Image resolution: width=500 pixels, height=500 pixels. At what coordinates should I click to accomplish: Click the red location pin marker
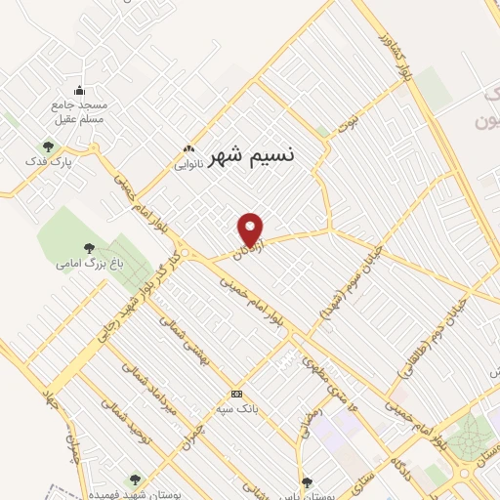coord(251,229)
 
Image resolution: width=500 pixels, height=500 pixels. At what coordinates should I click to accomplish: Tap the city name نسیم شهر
coord(251,153)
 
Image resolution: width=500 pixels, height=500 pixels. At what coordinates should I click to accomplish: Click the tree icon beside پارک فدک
coord(48,147)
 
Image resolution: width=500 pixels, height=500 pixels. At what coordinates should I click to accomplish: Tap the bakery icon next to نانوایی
coord(188,149)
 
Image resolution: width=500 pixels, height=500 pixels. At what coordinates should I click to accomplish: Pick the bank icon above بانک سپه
coord(222,394)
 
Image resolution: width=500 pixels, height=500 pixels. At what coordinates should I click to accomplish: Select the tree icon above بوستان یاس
coord(307,481)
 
